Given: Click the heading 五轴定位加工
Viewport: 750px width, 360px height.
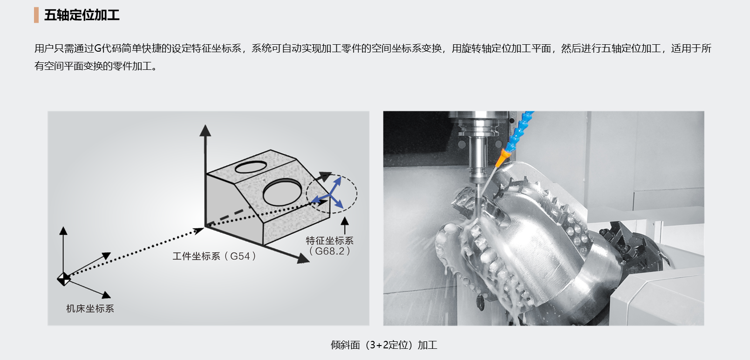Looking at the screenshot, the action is pos(82,15).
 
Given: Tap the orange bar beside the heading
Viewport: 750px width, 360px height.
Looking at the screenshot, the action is pos(36,15).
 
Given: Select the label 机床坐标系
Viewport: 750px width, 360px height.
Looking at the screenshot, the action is pos(90,308).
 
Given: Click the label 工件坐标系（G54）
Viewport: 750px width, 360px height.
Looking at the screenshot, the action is pos(214,256).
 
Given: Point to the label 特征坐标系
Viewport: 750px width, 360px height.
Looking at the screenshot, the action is pos(329,240).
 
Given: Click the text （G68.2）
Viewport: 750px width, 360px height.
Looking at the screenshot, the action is pos(329,251).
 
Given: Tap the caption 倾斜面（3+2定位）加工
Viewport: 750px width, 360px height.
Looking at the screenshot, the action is pos(384,345).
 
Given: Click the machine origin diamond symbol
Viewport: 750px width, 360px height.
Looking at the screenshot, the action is pos(64,279).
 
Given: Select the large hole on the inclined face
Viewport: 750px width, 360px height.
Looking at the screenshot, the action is pos(282,192).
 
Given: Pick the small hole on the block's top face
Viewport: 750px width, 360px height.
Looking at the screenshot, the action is pos(251,167).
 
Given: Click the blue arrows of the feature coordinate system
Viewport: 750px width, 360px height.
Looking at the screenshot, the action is pos(330,194).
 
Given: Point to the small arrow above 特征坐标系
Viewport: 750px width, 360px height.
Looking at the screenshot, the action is pos(345,225).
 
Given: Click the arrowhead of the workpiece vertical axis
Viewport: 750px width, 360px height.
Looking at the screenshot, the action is pos(205,130).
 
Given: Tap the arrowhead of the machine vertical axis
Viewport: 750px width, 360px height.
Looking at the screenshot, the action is pos(63,231).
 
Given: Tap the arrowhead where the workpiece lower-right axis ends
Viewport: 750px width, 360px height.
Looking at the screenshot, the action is pos(303,258).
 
